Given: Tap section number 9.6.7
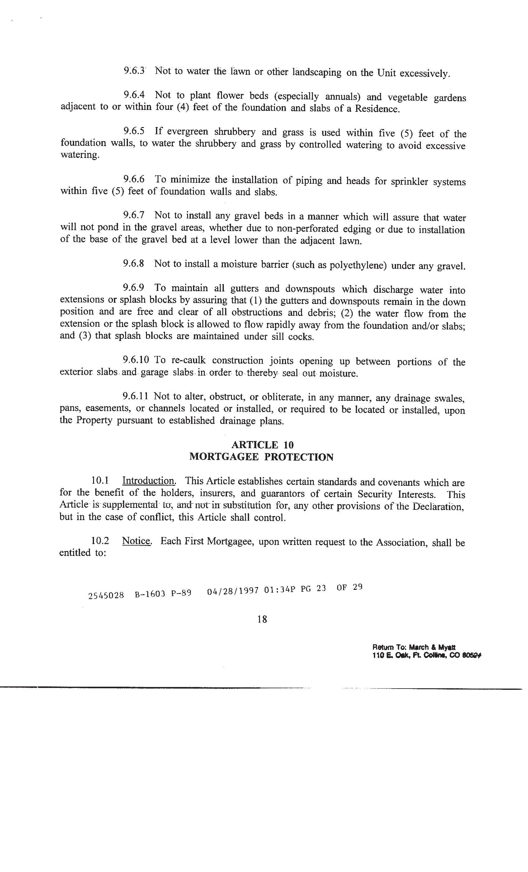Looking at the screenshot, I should (134, 215).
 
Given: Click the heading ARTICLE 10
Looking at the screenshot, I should (262, 445).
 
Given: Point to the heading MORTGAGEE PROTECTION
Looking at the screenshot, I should (261, 457).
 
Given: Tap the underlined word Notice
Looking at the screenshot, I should (137, 541).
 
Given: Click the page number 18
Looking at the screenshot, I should (262, 619).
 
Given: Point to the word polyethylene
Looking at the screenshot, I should (358, 265).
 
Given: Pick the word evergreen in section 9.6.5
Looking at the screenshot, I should (187, 132).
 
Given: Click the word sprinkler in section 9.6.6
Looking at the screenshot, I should (409, 182).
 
